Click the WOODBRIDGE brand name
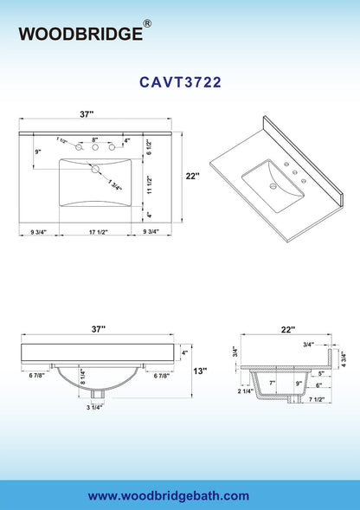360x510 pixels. (x=80, y=34)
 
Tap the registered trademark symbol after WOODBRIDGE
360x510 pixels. (x=147, y=23)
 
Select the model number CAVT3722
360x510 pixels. (x=181, y=82)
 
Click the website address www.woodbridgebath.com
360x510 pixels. (x=169, y=495)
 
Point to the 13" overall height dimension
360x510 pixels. (x=200, y=371)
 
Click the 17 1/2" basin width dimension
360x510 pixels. (x=99, y=232)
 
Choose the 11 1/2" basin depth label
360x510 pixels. (x=149, y=184)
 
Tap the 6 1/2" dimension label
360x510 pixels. (x=149, y=146)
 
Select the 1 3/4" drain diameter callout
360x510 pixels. (x=115, y=184)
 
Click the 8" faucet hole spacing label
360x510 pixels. (x=95, y=140)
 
